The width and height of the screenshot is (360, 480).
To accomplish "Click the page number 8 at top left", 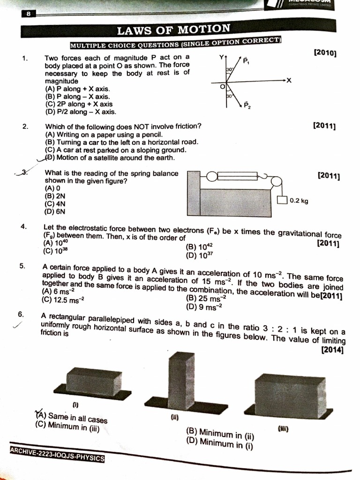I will tap(29, 14).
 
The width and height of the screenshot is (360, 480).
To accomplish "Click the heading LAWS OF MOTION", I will tap(173, 30).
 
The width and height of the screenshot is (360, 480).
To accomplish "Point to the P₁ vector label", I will tap(246, 61).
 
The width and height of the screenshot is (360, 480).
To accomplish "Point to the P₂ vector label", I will tap(247, 105).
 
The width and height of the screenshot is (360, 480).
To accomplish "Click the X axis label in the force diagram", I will tap(289, 81).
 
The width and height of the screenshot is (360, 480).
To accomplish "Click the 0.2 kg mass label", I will tap(299, 201).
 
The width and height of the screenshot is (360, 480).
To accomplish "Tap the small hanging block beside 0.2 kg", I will tap(282, 201).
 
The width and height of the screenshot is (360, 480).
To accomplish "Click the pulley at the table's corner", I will tap(276, 181).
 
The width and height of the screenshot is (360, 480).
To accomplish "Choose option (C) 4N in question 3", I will tap(55, 204).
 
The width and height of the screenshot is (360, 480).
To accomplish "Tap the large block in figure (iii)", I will tap(286, 395).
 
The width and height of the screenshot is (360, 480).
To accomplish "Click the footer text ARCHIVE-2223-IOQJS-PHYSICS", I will tap(57, 454).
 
